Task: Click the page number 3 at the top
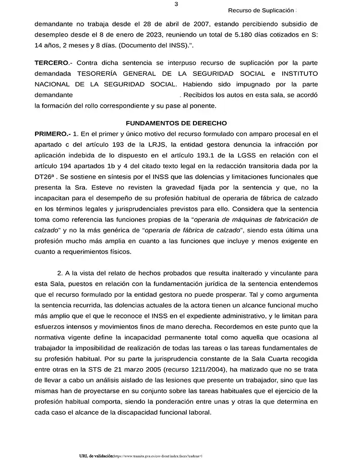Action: [x=177, y=4]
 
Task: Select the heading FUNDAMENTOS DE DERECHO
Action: [x=176, y=123]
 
